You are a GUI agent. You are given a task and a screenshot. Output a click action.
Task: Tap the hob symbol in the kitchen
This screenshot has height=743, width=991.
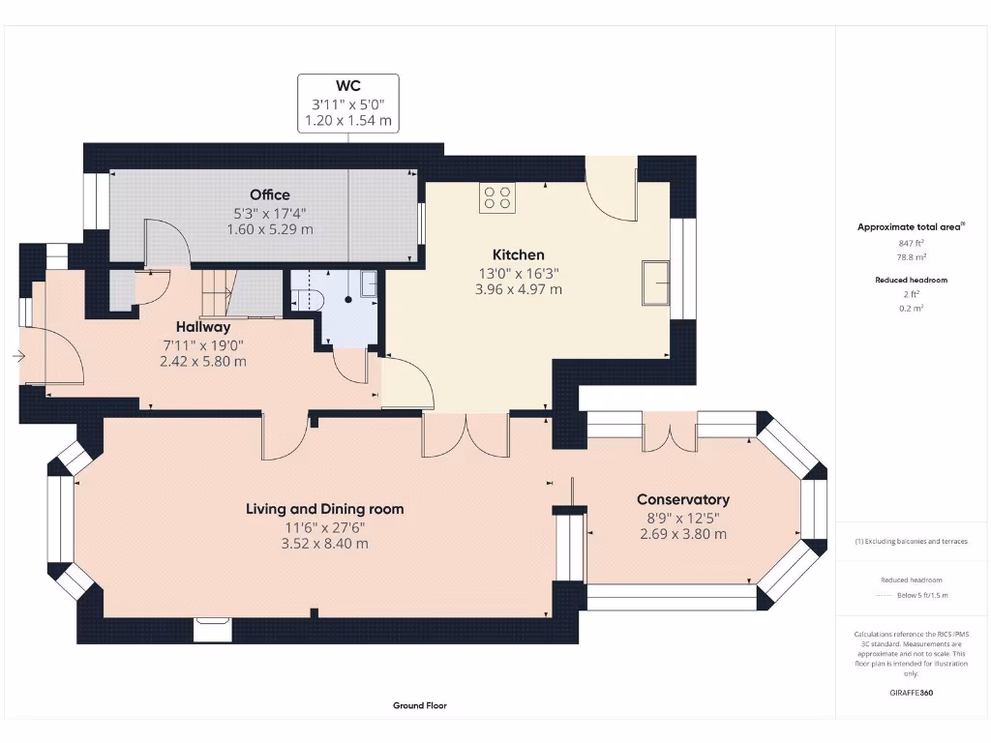point(497,197)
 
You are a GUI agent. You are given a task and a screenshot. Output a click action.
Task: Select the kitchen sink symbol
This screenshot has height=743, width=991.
point(656,282)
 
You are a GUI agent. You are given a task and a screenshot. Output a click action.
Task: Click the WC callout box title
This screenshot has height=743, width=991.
point(347,86)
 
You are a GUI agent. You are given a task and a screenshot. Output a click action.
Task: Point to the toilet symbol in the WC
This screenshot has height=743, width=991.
point(306,297)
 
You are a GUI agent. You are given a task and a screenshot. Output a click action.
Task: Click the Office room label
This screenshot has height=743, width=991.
point(269,194)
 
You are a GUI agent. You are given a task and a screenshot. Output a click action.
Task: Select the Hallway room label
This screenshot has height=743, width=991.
point(203,327)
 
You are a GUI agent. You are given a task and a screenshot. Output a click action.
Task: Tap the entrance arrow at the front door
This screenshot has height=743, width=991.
point(18,357)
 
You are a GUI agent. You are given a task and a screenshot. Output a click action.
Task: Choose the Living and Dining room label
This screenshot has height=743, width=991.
point(324,509)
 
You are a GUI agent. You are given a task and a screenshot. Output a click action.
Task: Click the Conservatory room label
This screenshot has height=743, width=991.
point(682,499)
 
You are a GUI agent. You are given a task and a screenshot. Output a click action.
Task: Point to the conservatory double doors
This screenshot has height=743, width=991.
point(670,435)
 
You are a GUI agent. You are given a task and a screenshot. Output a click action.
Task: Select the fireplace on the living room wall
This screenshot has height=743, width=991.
point(213,629)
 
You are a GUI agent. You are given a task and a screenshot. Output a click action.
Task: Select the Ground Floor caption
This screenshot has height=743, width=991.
point(420,705)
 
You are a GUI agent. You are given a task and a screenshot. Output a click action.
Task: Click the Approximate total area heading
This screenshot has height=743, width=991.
point(911,226)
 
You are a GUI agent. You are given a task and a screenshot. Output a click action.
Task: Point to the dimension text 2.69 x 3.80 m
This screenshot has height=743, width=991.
point(682,534)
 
